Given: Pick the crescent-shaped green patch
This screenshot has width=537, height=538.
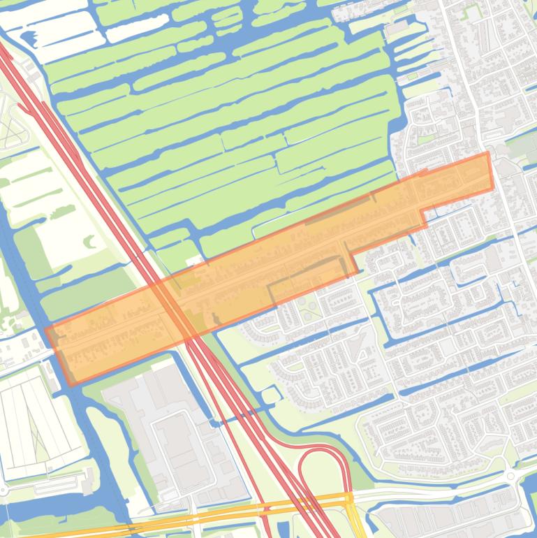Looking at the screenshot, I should (91, 241).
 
